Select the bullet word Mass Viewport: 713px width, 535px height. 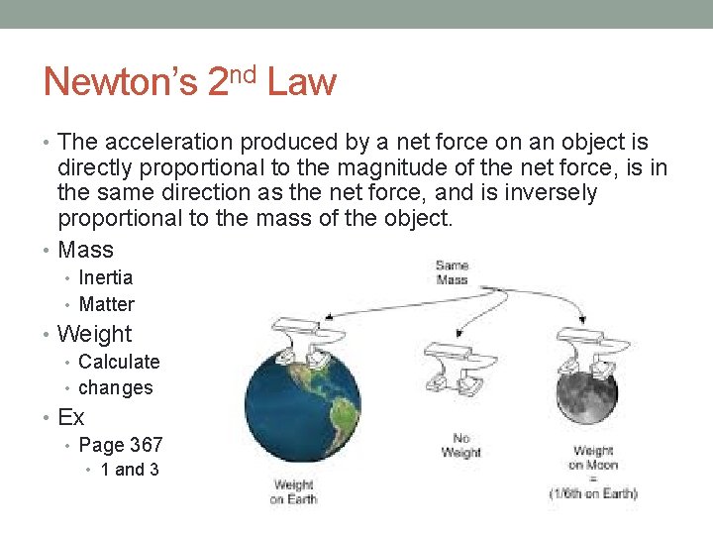[x=86, y=250]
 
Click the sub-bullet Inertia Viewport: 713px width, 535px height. [x=105, y=277]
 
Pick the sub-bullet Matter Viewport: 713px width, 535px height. [x=106, y=304]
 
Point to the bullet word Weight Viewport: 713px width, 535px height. [x=94, y=334]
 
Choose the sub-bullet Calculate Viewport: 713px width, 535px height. [x=119, y=362]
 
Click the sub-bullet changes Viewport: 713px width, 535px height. [x=116, y=387]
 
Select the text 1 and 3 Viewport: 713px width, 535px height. [x=130, y=470]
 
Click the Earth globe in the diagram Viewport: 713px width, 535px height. [x=306, y=406]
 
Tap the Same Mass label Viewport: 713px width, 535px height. [x=452, y=272]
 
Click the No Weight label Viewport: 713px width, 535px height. [x=460, y=446]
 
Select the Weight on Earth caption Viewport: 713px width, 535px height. [x=293, y=492]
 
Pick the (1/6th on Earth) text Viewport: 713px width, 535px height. [x=593, y=493]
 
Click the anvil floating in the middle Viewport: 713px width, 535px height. [x=451, y=357]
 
